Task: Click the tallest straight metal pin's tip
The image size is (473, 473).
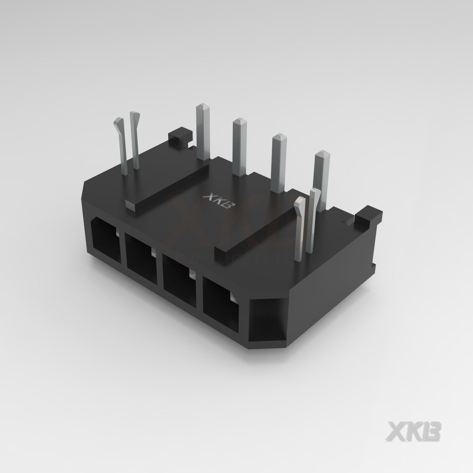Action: coord(203,107)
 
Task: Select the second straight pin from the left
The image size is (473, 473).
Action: coord(240,146)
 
